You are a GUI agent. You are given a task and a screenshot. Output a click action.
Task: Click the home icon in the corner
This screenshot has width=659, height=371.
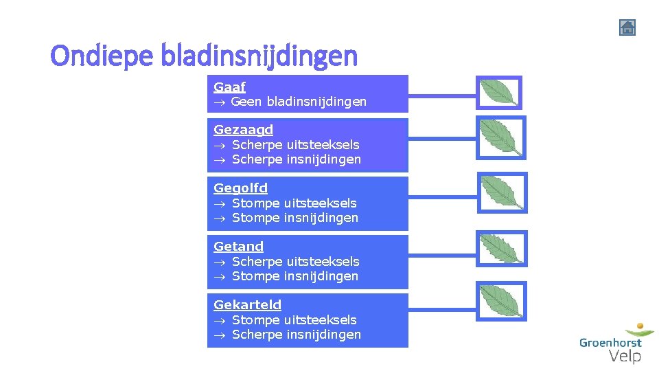(x=627, y=27)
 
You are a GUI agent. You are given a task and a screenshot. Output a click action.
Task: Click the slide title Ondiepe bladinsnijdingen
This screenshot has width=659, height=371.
(x=204, y=56)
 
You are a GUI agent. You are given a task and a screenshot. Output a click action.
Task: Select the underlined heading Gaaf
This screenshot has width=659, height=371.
(x=229, y=87)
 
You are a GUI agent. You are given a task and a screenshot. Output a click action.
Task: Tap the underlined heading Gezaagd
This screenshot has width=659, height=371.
(x=243, y=130)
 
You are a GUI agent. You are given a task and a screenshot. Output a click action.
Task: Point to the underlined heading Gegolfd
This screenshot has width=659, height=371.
(x=240, y=188)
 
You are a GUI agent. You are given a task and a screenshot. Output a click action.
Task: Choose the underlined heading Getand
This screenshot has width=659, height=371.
(x=238, y=247)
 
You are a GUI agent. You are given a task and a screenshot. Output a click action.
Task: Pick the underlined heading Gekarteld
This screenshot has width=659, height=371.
(x=247, y=305)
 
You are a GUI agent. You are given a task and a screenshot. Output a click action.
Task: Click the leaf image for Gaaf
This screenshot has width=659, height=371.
(x=499, y=93)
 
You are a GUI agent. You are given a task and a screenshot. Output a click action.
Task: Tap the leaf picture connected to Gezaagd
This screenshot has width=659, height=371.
(x=500, y=137)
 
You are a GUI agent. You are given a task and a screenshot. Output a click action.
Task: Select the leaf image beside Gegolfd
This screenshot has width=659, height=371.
(x=502, y=192)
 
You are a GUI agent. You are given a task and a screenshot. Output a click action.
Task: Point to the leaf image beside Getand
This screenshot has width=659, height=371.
(x=501, y=249)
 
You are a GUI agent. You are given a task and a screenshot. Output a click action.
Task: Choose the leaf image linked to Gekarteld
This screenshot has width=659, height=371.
(x=501, y=301)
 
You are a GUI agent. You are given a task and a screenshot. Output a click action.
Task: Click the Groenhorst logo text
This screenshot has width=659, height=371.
(x=610, y=342)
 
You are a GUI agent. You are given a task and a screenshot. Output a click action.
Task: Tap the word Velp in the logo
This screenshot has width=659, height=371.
(x=625, y=356)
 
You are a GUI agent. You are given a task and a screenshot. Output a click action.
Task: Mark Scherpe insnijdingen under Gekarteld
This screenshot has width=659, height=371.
(x=296, y=335)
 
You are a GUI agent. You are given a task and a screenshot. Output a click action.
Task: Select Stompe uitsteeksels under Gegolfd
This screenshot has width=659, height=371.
(x=294, y=203)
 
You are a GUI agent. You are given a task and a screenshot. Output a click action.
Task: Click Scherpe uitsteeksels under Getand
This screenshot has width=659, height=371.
(x=295, y=262)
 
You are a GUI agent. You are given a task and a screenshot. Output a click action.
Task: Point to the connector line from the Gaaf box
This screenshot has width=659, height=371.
(x=442, y=93)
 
